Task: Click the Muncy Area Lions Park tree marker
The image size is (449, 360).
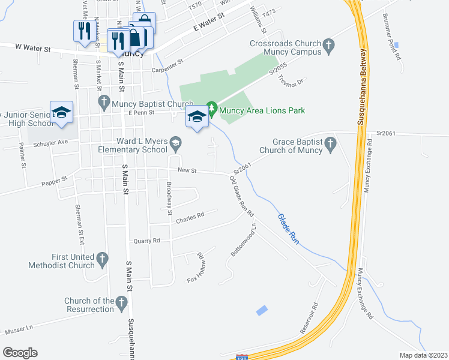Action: point(211,110)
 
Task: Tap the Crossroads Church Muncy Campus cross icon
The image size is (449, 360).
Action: point(328,44)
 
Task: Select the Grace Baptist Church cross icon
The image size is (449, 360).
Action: point(330,144)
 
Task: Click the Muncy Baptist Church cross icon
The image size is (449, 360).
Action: point(104,102)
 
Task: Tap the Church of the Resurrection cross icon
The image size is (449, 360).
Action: point(122,303)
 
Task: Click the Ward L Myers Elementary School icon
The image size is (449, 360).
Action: point(175,143)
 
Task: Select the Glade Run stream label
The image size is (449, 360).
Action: point(288,229)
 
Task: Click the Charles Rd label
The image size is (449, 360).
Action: point(190,217)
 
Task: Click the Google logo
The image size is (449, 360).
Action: point(20,353)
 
